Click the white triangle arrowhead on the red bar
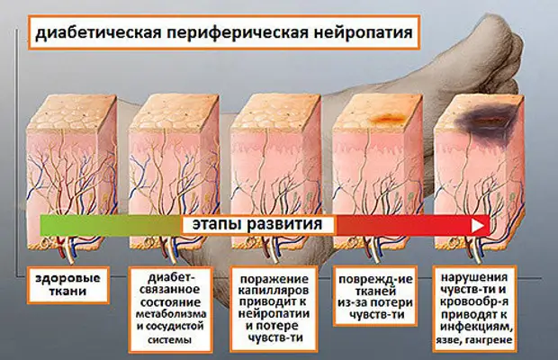pos(478,226)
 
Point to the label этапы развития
pos(257,225)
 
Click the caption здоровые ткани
pos(67,284)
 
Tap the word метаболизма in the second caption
pos(171,314)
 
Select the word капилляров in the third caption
pos(274,291)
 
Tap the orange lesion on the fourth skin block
pos(389,117)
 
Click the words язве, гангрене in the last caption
pos(474,339)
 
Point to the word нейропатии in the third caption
pos(274,314)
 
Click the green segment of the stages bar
pos(111,225)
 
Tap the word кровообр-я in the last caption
pos(474,301)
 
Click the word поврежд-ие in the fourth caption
pos(376,279)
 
